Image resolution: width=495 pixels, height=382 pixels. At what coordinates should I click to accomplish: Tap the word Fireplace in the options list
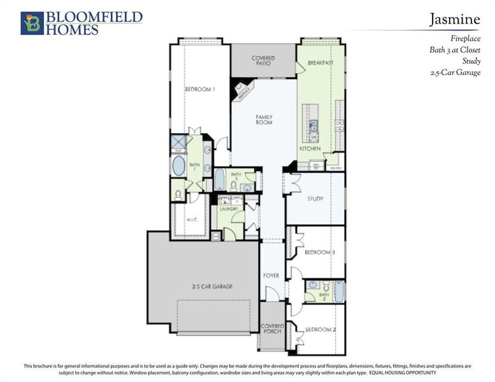[464, 39]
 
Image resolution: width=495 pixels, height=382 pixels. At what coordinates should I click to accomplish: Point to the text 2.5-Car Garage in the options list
[456, 73]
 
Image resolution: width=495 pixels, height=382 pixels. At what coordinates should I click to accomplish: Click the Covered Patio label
[263, 61]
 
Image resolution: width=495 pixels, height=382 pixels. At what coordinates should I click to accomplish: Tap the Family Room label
[264, 119]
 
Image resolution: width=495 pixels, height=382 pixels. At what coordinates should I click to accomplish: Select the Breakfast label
[320, 63]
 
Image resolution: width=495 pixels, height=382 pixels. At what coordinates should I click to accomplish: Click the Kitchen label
[310, 148]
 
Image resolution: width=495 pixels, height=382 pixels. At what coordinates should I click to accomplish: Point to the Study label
[315, 199]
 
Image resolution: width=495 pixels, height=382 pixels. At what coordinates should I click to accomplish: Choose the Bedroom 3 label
[320, 253]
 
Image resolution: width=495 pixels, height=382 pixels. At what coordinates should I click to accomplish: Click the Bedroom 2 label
[320, 330]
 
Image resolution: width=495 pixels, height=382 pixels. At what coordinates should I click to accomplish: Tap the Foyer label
[271, 275]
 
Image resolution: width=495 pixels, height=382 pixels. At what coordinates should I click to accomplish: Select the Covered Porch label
[273, 329]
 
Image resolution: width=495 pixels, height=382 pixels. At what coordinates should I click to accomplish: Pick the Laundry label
[229, 209]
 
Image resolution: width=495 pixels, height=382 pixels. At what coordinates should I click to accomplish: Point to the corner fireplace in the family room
[242, 91]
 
